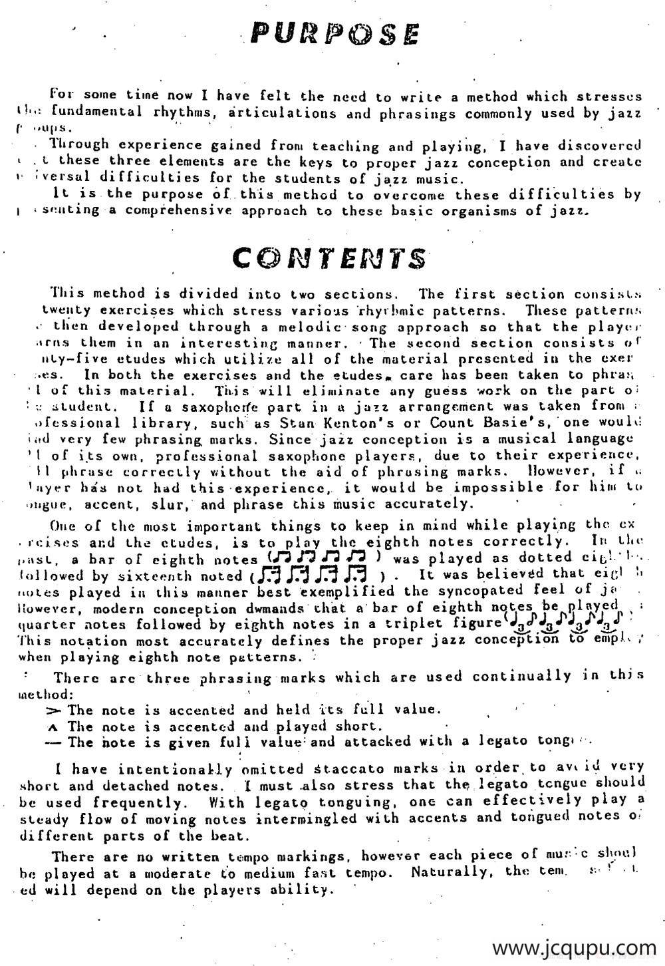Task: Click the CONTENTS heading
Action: pyautogui.click(x=330, y=257)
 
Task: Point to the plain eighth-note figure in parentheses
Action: pyautogui.click(x=323, y=556)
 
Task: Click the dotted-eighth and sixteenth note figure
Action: pyautogui.click(x=314, y=573)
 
